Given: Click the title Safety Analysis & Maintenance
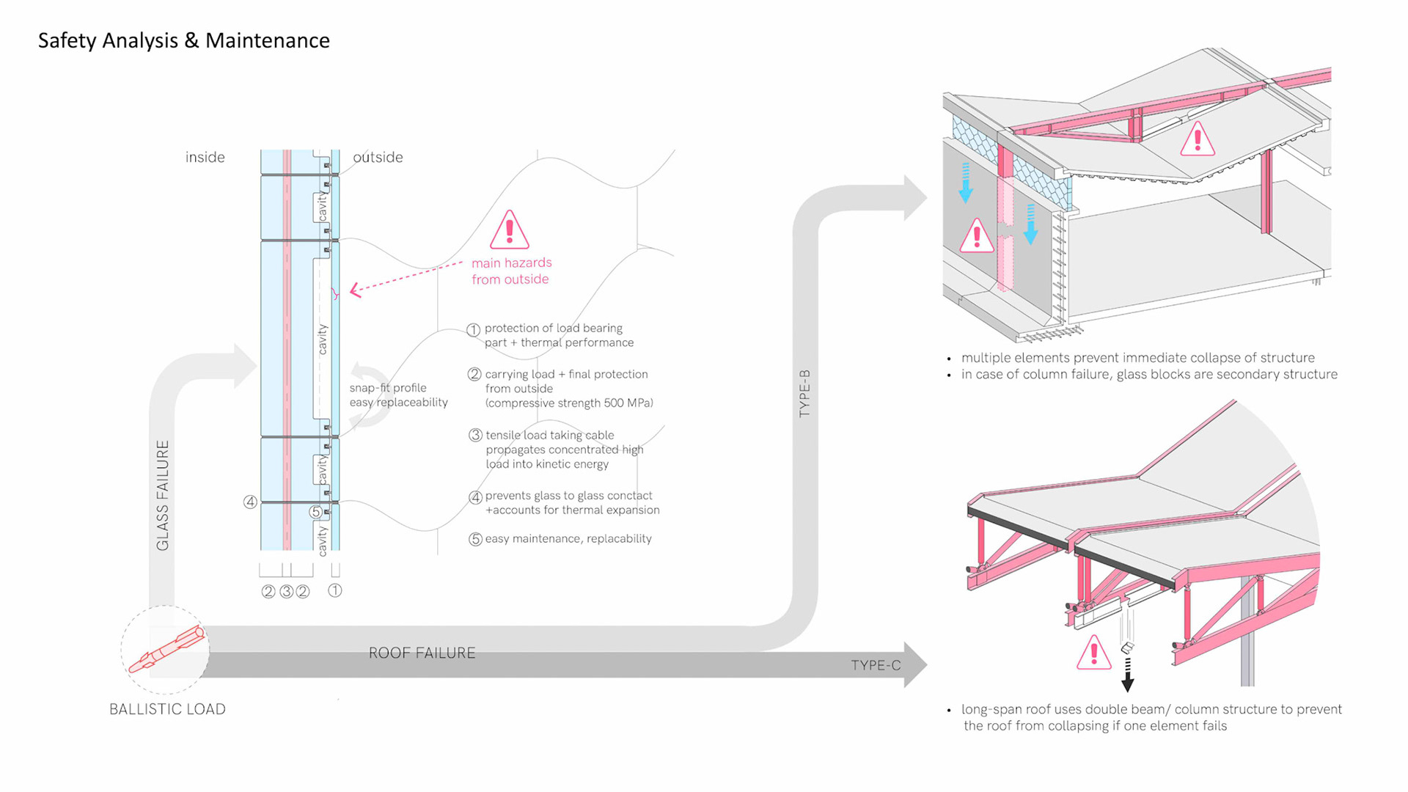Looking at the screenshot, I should (x=183, y=40).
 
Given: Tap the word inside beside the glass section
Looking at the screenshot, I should (x=205, y=157).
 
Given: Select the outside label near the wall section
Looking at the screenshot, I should (x=378, y=157).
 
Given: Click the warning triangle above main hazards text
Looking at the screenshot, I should (x=510, y=230).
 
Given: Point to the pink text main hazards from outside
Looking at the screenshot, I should (x=511, y=271).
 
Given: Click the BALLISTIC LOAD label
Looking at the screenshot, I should (x=167, y=709).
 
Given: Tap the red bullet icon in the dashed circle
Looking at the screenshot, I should (x=166, y=650).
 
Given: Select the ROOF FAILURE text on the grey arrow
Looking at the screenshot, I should (x=422, y=653).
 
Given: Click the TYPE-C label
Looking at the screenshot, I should (x=876, y=665).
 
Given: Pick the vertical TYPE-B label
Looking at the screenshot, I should (x=804, y=394).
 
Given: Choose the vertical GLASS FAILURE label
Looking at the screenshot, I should (x=162, y=495).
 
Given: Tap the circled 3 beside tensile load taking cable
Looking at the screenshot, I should (x=475, y=436).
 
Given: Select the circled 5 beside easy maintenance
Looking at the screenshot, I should (x=475, y=539).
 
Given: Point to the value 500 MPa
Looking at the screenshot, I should (x=626, y=403).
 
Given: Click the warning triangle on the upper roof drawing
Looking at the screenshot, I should (x=1197, y=139).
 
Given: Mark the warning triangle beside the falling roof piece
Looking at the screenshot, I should (x=1093, y=653).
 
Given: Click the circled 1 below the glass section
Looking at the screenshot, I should (x=334, y=590).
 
